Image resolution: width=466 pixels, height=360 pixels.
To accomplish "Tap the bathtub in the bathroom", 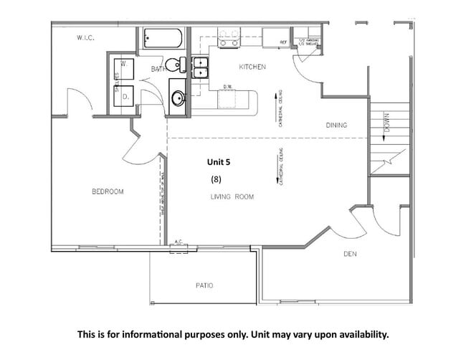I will click(x=163, y=39).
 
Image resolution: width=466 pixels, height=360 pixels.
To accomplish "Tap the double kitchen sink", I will click(x=200, y=67).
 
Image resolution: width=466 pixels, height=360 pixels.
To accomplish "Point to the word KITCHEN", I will click(x=252, y=67).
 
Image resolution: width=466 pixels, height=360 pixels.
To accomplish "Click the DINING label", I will click(x=336, y=125).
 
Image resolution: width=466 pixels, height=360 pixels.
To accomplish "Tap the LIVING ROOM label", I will click(x=232, y=196).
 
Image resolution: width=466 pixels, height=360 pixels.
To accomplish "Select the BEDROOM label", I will click(x=108, y=191).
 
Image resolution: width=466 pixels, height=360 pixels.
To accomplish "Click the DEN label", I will click(x=350, y=254).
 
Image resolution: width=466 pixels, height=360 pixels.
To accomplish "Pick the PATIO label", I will click(x=204, y=285).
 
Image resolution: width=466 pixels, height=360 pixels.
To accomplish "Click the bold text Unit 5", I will click(x=219, y=162).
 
